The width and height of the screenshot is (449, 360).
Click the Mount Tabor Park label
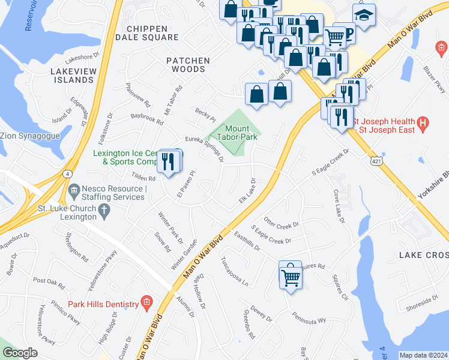point(241,133)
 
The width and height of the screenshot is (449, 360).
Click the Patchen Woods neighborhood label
point(188,65)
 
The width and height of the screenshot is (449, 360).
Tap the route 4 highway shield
point(70,174)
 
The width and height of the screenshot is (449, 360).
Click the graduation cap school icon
point(363,16)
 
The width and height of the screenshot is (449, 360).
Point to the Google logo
point(20,353)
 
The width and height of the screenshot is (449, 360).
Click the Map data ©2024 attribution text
point(423,355)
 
